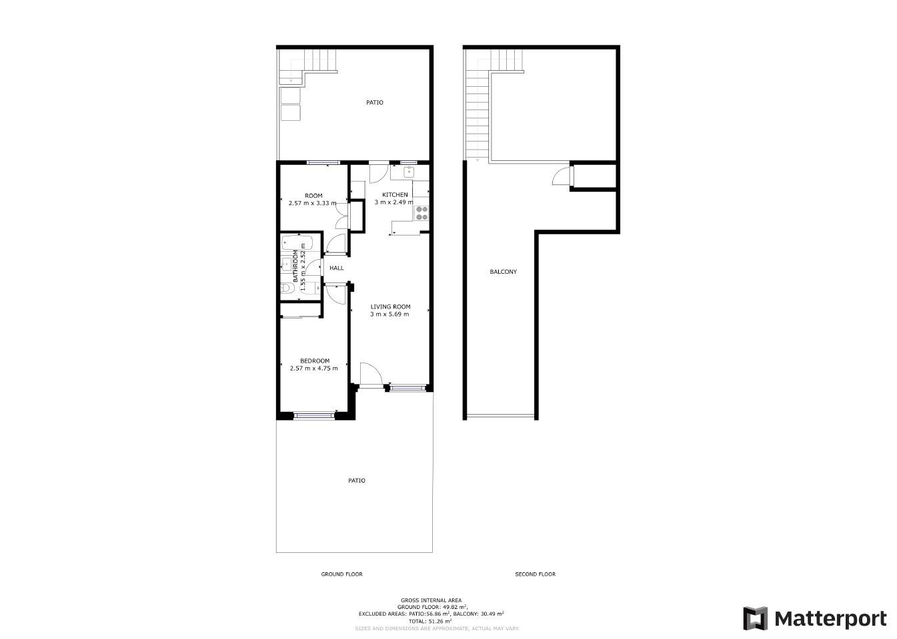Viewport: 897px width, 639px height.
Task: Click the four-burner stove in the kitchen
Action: (x=421, y=213)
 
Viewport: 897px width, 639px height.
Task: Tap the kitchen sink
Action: (x=409, y=172)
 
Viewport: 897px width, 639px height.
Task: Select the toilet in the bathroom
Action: (x=287, y=288)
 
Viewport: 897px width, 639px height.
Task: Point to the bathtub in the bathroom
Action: (x=297, y=243)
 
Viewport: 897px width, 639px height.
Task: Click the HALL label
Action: (x=336, y=268)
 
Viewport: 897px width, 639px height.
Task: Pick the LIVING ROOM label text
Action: (x=390, y=306)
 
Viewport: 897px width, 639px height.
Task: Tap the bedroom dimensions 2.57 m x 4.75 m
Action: (x=313, y=368)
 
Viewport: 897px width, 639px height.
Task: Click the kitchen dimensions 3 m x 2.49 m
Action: (x=393, y=202)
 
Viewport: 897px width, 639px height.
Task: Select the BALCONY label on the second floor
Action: (x=503, y=272)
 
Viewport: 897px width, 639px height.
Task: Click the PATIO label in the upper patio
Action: (x=374, y=103)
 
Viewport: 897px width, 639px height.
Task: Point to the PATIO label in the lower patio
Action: (x=356, y=481)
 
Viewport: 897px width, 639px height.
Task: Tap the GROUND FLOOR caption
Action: (x=341, y=574)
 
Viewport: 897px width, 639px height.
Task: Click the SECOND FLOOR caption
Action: (x=535, y=574)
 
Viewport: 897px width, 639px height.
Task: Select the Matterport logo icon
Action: (x=755, y=618)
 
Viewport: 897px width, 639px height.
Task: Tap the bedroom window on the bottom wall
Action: (x=314, y=416)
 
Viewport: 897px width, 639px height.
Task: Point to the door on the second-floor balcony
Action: (x=563, y=176)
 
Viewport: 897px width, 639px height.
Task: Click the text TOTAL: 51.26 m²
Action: (x=430, y=622)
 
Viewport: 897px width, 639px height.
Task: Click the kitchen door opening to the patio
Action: (x=379, y=173)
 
